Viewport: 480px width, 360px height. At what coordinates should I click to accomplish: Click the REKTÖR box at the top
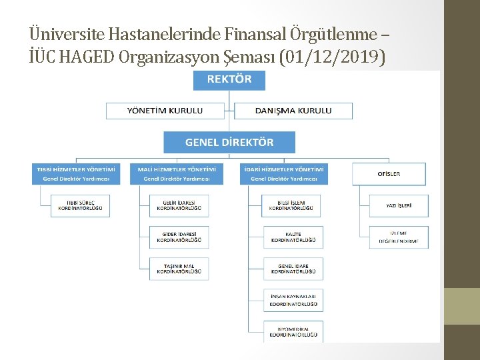(x=229, y=80)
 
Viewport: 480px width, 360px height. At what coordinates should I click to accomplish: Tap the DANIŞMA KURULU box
(x=293, y=111)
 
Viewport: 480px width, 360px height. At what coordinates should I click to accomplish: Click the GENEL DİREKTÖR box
(x=229, y=142)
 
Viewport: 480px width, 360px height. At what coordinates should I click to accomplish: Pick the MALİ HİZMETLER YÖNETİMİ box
(x=177, y=174)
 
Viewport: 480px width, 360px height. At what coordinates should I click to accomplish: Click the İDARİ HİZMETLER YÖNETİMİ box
(x=283, y=174)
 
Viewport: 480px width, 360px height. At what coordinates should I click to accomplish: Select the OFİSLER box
(x=390, y=174)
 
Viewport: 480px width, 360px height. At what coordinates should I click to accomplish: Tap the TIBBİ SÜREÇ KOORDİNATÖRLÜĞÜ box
(x=80, y=205)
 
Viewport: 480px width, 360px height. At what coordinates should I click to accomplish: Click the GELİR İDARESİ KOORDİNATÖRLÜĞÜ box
(x=179, y=205)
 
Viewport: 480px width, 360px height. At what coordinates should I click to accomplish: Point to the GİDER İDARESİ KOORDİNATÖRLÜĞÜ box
(x=179, y=237)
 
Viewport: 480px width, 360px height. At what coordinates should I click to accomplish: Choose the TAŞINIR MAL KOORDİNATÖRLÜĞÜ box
(x=179, y=269)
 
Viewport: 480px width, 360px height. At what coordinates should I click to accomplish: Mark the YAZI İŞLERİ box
(x=399, y=205)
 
